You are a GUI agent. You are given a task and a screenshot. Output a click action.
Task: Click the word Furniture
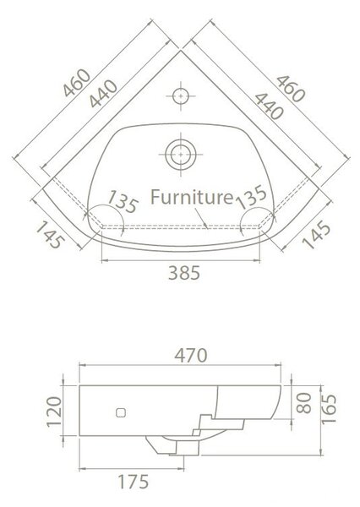point(192,197)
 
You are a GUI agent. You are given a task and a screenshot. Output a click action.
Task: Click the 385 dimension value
point(184,273)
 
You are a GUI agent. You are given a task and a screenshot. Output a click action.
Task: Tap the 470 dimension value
point(191,356)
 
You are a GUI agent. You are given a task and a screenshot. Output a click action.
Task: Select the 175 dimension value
point(134,482)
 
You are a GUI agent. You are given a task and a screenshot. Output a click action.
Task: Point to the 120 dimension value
point(54,412)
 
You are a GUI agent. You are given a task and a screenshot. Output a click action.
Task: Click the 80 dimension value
point(304,403)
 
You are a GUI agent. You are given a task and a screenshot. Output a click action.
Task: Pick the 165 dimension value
point(329,409)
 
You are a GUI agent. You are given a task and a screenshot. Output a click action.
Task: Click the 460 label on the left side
point(77,83)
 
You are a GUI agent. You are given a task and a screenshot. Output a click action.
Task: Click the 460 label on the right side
point(291,89)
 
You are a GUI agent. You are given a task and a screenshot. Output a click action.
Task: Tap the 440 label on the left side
point(103,94)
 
